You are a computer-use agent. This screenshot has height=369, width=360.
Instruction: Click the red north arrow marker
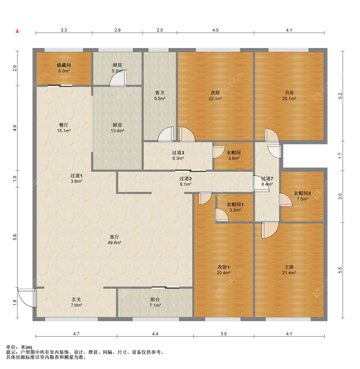click(x=17, y=31)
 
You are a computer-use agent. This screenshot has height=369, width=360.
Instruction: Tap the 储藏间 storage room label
click(x=64, y=65)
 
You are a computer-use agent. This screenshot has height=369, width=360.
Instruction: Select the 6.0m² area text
click(x=64, y=71)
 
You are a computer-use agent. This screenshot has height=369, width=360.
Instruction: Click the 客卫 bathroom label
click(x=160, y=93)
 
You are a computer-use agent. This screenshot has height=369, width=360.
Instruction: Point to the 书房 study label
click(x=289, y=93)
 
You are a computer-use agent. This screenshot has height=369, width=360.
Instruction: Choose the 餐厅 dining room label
click(x=64, y=125)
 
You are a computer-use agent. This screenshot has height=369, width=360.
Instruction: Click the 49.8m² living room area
click(x=115, y=243)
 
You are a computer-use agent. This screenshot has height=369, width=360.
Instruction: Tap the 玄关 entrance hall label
click(x=76, y=299)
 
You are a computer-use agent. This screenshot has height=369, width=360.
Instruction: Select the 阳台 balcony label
click(x=155, y=299)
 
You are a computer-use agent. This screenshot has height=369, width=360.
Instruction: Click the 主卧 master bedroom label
click(x=289, y=267)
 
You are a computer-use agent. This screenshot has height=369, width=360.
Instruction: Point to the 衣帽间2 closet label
click(x=302, y=193)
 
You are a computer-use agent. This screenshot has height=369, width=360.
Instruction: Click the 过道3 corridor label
click(x=178, y=153)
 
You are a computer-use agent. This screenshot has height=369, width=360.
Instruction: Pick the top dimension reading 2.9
click(x=117, y=30)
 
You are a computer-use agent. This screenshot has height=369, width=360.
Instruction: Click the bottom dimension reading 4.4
click(x=155, y=334)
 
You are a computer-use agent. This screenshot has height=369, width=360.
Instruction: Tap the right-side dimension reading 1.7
click(x=340, y=155)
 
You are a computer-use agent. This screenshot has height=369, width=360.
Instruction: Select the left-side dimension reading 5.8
click(x=15, y=237)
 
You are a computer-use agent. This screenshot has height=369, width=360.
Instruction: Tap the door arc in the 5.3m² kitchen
click(x=118, y=78)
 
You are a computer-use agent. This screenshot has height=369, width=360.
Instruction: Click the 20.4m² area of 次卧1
click(x=223, y=273)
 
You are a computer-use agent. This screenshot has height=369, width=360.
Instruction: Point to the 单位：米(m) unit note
click(x=19, y=347)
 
